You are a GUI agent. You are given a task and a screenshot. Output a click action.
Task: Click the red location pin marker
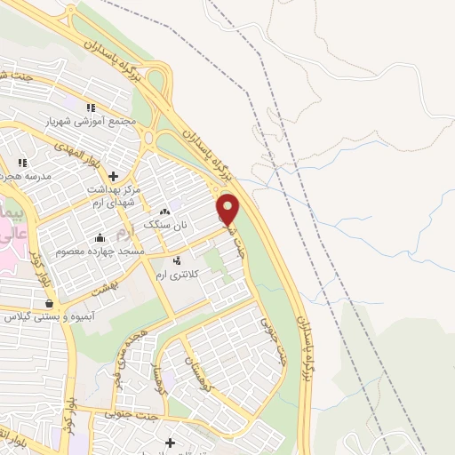pyautogui.click(x=228, y=210)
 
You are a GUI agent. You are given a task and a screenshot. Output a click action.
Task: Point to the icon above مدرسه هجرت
pyautogui.click(x=22, y=163)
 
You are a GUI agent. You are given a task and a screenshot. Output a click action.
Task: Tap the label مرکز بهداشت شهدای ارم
pyautogui.click(x=111, y=196)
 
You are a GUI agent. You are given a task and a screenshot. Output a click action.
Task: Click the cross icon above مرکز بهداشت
pyautogui.click(x=111, y=177)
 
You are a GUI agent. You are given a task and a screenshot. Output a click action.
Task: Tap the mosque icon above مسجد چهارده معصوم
pyautogui.click(x=100, y=237)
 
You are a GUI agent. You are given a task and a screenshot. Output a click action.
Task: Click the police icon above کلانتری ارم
pyautogui.click(x=179, y=261)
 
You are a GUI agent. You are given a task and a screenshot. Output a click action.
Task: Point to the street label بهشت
pyautogui.click(x=111, y=278)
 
